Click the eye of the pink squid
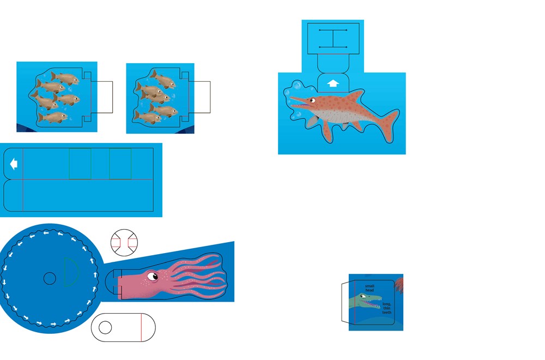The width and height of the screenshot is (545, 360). (x=153, y=277)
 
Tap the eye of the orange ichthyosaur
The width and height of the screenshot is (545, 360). (x=312, y=100)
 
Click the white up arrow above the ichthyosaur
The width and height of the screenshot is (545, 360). (x=333, y=83)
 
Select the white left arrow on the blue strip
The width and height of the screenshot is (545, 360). (x=14, y=164)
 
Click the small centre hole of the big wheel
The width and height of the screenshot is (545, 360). (x=50, y=278)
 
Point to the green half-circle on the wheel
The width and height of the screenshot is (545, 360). (x=71, y=272)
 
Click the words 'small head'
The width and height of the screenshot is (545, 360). (x=370, y=288)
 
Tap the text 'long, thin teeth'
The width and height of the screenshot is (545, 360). (x=387, y=308)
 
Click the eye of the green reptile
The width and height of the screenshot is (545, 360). (x=363, y=296)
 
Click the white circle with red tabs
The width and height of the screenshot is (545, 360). (x=124, y=243)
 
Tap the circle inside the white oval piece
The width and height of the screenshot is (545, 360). (x=105, y=327)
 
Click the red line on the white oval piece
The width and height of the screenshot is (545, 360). (x=141, y=327)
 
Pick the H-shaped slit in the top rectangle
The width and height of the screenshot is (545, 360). (x=333, y=39)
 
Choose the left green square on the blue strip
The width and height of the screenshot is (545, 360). (x=80, y=164)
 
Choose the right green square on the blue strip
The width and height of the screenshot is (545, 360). (x=120, y=164)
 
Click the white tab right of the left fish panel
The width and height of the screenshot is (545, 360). (x=102, y=97)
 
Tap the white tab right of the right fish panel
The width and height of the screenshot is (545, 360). (x=199, y=97)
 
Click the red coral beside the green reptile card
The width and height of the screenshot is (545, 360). (x=399, y=285)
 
